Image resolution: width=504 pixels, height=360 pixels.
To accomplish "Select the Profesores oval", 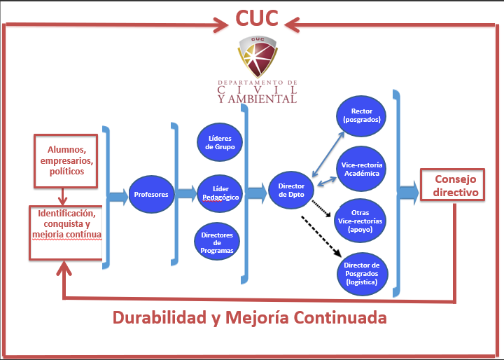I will (150, 194).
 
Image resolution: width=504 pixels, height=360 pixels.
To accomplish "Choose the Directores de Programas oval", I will (216, 240).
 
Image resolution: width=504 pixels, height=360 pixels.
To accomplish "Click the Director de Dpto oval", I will (291, 190).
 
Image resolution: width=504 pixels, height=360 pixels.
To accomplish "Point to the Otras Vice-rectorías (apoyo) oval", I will (361, 220).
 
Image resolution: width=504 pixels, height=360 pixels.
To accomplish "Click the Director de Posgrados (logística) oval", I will (361, 272).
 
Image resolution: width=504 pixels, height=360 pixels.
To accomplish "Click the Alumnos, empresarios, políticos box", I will (66, 160).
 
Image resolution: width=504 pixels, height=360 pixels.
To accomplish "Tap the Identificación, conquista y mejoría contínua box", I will (66, 223).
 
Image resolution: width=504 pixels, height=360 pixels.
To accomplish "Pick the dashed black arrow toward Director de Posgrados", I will (322, 236).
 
